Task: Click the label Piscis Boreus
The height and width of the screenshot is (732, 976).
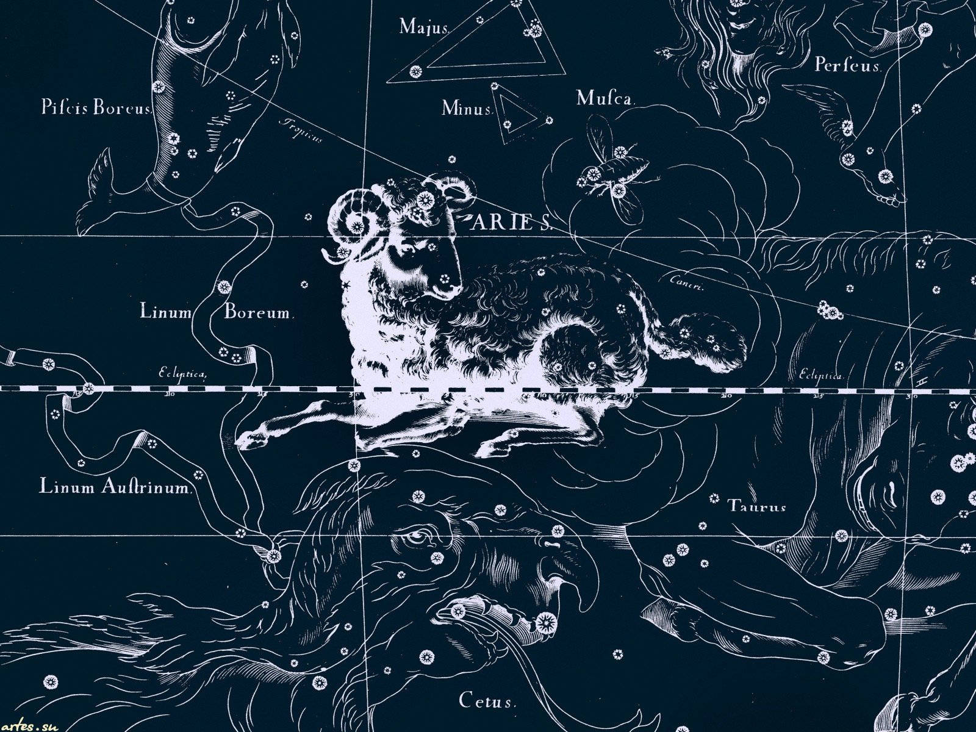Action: click(96, 109)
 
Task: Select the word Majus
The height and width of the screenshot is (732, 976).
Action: click(425, 27)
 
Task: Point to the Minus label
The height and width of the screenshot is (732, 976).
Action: click(467, 109)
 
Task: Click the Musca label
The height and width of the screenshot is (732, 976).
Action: click(606, 97)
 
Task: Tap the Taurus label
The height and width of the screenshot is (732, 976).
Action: click(757, 506)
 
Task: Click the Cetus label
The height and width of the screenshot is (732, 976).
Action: click(488, 702)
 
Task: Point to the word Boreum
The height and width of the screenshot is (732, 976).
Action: click(259, 312)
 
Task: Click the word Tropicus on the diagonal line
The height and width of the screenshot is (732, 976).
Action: click(300, 129)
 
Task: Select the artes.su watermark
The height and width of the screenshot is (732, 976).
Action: click(27, 722)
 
